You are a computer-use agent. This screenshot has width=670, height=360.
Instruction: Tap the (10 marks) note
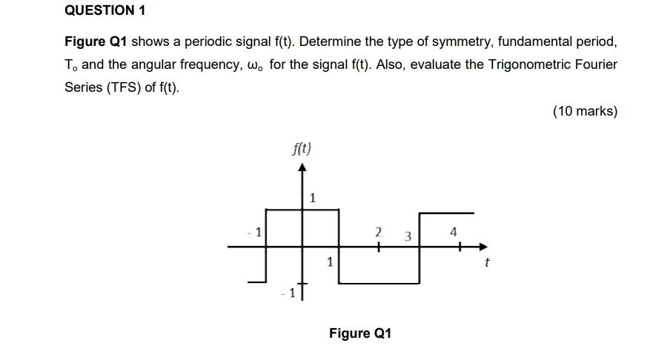[x=584, y=111]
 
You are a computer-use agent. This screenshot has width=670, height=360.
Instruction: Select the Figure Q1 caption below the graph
[x=359, y=333]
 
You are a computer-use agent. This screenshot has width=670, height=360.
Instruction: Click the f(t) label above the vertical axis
[x=302, y=148]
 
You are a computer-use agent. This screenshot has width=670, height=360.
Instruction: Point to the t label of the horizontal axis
[x=486, y=262]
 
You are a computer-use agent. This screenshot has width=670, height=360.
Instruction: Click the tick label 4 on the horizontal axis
[x=454, y=233]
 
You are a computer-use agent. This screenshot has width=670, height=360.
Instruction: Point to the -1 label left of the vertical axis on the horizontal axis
[x=254, y=233]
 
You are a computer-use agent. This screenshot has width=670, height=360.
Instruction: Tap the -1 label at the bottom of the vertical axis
[x=288, y=293]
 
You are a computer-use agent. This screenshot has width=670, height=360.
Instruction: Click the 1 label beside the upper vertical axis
[x=313, y=198]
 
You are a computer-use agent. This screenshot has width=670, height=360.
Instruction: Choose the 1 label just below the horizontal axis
[x=330, y=261]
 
